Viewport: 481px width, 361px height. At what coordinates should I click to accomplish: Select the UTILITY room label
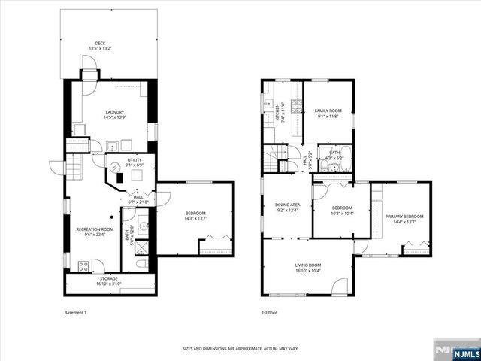pyautogui.click(x=135, y=160)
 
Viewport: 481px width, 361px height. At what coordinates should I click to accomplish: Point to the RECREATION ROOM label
pyautogui.click(x=95, y=229)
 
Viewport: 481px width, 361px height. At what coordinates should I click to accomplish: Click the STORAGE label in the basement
pyautogui.click(x=108, y=279)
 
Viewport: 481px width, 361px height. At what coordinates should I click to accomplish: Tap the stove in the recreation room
pyautogui.click(x=84, y=265)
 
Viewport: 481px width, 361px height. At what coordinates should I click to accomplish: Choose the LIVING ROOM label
pyautogui.click(x=307, y=265)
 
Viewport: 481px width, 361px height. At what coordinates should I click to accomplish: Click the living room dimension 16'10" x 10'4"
pyautogui.click(x=307, y=270)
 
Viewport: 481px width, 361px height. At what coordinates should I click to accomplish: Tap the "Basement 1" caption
pyautogui.click(x=76, y=312)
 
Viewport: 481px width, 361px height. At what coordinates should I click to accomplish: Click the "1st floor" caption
pyautogui.click(x=269, y=312)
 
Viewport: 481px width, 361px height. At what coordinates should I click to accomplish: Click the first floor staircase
pyautogui.click(x=277, y=159)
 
